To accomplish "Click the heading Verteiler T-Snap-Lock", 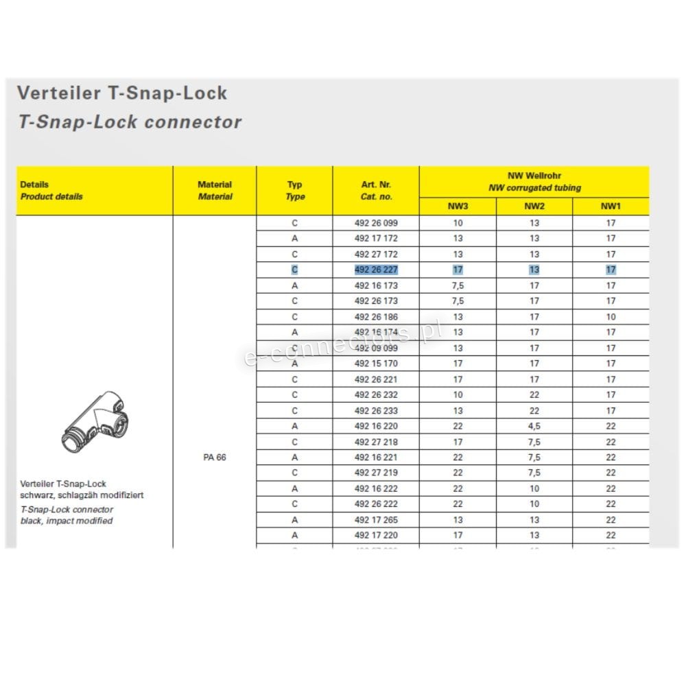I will tap(121, 93).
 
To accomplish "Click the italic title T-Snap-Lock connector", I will tap(130, 122).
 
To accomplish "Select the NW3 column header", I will tap(458, 206).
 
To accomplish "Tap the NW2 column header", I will tap(534, 206).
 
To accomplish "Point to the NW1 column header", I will tap(611, 206).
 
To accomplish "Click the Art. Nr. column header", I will tap(376, 190).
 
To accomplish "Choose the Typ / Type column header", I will tap(294, 190).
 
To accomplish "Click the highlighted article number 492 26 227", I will tap(376, 270).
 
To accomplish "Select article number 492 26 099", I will tap(376, 223).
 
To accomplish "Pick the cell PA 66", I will tap(214, 458).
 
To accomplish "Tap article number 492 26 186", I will tap(376, 317).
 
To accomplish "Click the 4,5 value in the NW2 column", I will tap(534, 426).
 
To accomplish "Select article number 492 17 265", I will tap(376, 520).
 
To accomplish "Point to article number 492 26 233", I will tap(376, 411).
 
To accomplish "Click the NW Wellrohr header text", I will tap(534, 176).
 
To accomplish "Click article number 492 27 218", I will tap(376, 442).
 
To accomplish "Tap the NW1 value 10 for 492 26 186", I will tap(611, 317).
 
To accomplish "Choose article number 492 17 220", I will tap(376, 535).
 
